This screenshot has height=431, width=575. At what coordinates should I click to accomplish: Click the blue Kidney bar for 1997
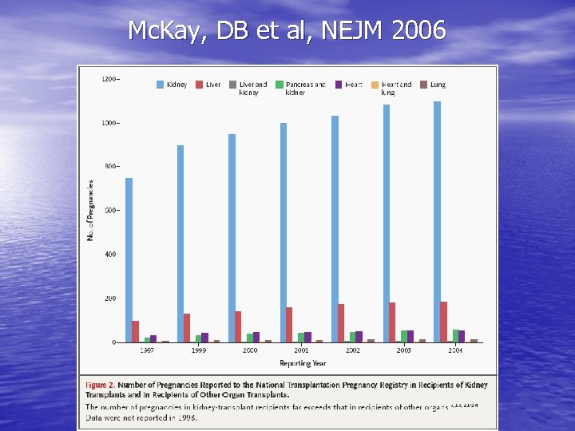(129, 260)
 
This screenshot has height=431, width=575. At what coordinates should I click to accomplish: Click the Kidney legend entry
(172, 84)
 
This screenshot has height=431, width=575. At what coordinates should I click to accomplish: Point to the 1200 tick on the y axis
(110, 78)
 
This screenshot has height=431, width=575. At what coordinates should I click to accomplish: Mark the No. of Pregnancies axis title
(91, 210)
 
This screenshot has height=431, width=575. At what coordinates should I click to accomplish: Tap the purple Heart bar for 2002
(359, 337)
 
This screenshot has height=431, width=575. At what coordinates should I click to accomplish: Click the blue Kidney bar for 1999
(180, 243)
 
